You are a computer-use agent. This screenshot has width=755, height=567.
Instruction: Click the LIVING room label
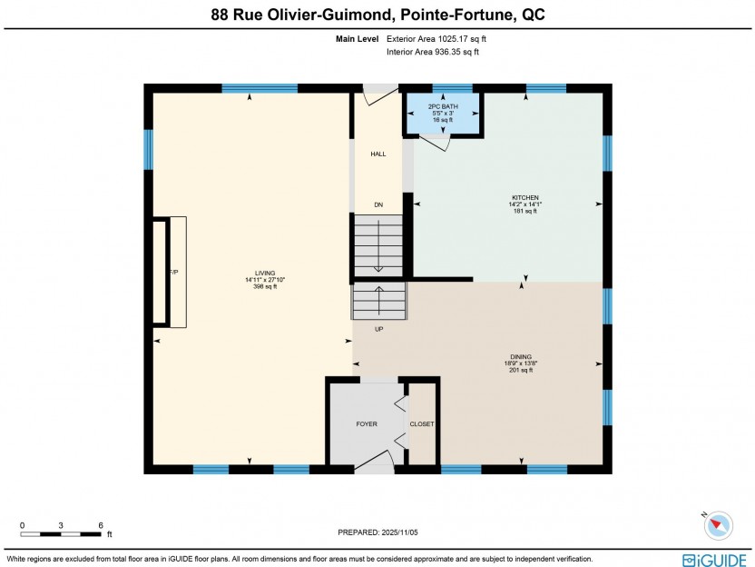tap(265, 273)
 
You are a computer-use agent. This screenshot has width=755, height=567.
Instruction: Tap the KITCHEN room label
tap(525, 197)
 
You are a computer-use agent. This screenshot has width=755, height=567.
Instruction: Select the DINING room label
tap(521, 357)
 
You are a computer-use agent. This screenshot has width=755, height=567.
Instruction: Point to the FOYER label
tap(367, 423)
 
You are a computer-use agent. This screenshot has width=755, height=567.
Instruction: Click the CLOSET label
tap(422, 423)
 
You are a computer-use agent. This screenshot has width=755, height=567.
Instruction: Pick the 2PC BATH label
tap(443, 106)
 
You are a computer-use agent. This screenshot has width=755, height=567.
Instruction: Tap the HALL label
tap(378, 154)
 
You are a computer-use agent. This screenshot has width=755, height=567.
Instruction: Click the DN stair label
tap(379, 205)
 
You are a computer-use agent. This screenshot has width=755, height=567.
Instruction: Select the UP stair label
tap(379, 329)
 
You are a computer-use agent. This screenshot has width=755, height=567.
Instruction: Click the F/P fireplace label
tap(174, 273)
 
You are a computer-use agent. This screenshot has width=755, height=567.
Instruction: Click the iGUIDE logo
tap(714, 561)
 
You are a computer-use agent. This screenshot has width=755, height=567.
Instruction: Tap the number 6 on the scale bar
tap(101, 525)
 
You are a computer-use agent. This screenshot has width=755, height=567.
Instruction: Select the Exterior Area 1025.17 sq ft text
tap(436, 39)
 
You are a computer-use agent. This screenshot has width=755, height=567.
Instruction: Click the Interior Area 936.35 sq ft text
tap(432, 52)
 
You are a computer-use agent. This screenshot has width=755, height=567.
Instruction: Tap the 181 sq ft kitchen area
tap(525, 211)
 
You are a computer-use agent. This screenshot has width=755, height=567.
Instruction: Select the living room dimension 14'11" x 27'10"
tap(265, 280)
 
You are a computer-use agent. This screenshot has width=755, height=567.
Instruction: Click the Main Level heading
tap(358, 39)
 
